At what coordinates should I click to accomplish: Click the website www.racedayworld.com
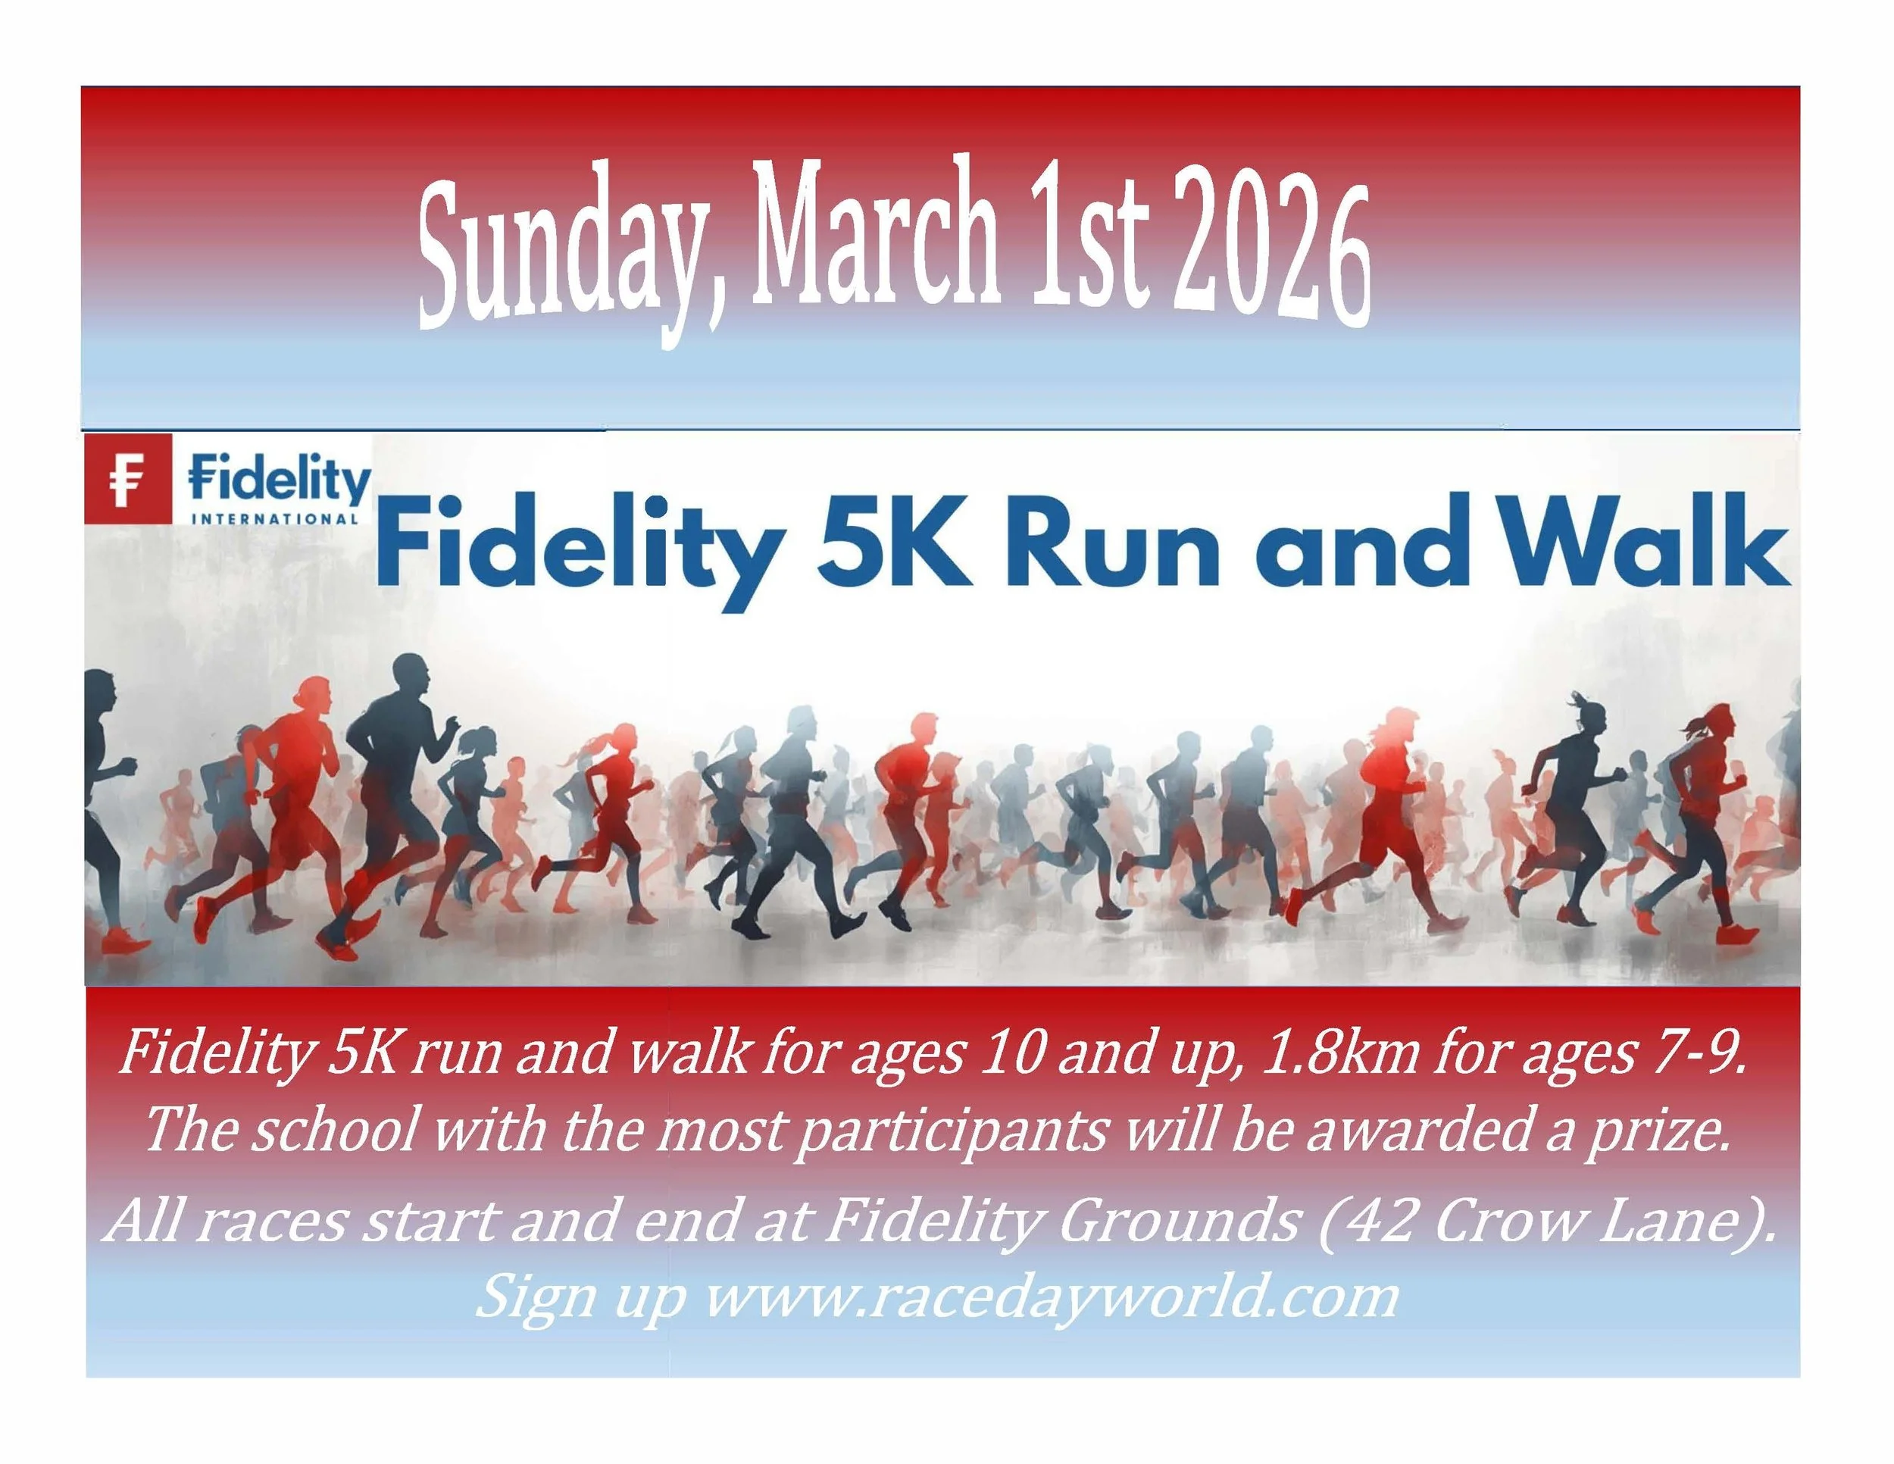point(1050,1297)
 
